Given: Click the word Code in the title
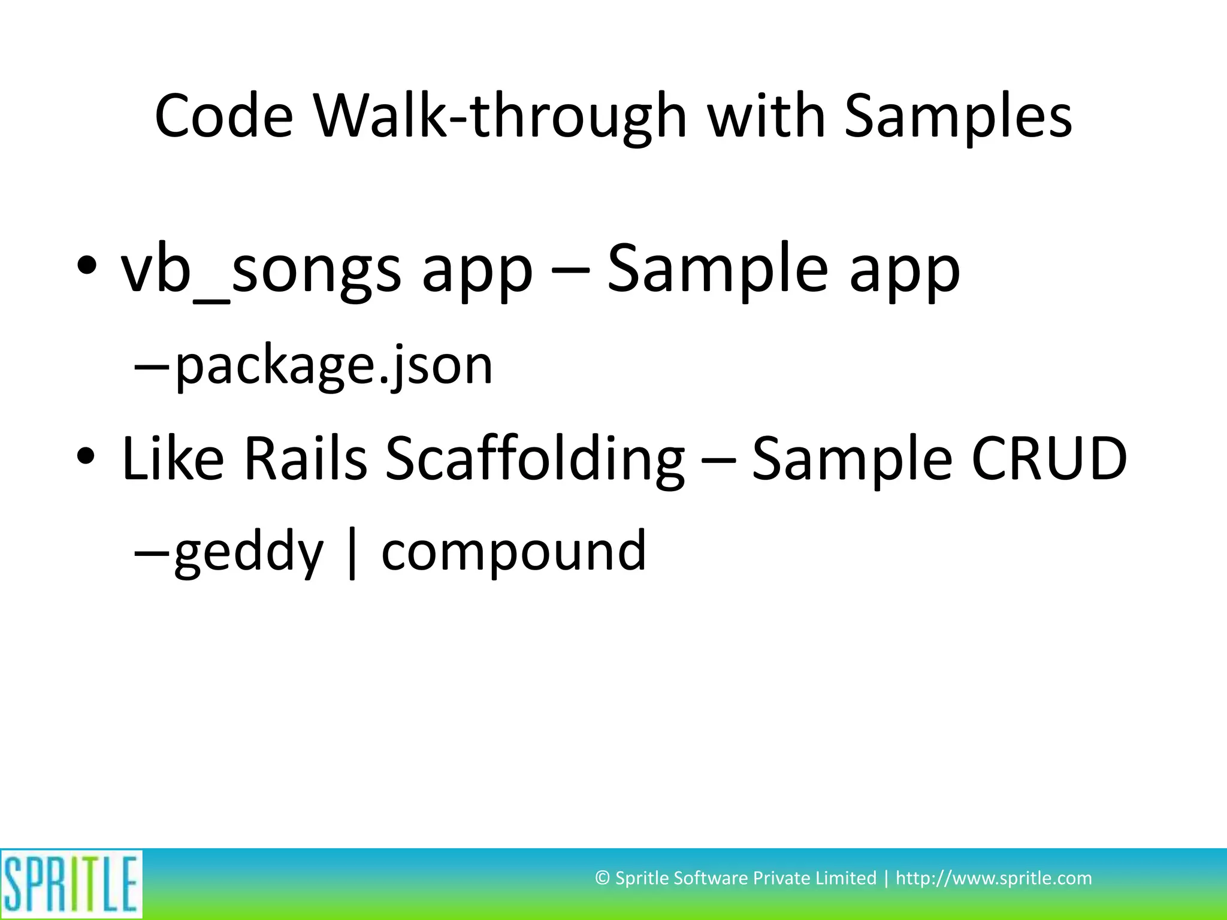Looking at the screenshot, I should click(x=224, y=116).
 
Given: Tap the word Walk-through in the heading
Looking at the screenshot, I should click(x=498, y=116).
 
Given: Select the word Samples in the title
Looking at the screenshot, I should click(x=957, y=116).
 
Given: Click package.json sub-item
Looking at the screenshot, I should click(x=334, y=365).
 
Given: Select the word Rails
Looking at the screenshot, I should click(x=305, y=459).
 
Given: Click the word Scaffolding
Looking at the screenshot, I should click(x=534, y=459).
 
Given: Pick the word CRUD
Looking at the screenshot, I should click(x=1049, y=459).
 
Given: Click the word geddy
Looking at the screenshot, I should click(x=249, y=552).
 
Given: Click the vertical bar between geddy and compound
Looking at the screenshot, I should click(x=352, y=552).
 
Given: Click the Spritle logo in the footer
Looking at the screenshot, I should click(x=71, y=883).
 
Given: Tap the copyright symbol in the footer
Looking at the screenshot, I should click(x=602, y=879).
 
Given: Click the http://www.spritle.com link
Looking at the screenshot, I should click(x=993, y=879).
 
